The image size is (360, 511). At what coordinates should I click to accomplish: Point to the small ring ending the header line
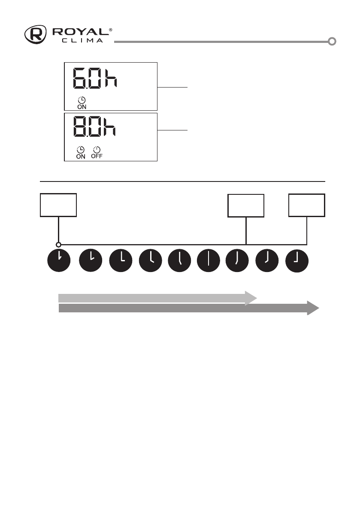[332, 42]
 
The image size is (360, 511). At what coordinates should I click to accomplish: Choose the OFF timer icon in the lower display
[97, 152]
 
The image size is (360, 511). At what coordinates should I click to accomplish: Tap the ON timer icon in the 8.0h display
[80, 152]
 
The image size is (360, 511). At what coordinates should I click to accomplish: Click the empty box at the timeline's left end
[58, 205]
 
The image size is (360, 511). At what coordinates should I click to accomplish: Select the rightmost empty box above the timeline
[307, 205]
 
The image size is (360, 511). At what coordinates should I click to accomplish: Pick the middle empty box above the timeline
[246, 205]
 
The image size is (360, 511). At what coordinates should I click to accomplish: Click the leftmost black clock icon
[58, 260]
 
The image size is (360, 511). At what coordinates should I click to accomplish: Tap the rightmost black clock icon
[297, 260]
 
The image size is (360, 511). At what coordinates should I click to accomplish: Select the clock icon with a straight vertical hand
[208, 260]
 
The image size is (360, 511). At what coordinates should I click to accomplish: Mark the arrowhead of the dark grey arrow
[312, 308]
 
